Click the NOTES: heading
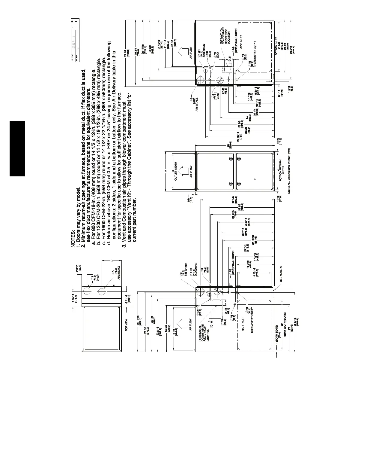pyautogui.click(x=73, y=239)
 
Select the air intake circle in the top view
pyautogui.click(x=102, y=291)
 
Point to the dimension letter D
pyautogui.click(x=111, y=260)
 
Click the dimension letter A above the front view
pyautogui.click(x=165, y=171)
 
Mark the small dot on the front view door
pyautogui.click(x=255, y=179)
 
